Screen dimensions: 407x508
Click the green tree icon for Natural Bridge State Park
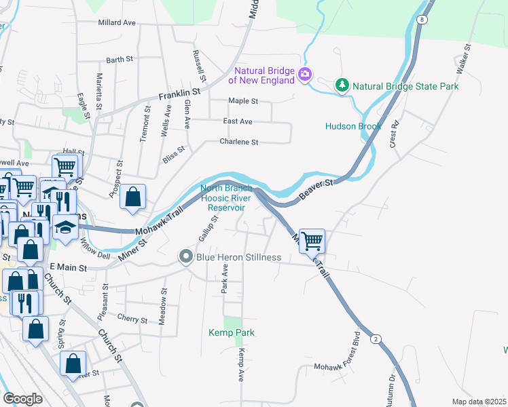pos(342,85)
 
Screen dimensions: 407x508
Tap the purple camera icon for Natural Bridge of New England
pos(306,74)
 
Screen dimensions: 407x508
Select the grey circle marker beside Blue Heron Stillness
pos(186,257)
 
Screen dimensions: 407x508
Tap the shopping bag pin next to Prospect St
pos(134,197)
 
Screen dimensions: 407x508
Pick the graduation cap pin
pos(65,227)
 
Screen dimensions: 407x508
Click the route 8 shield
pos(422,20)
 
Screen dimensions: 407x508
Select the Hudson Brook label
pos(353,126)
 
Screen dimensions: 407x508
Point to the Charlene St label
pos(238,142)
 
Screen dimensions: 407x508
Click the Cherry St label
pos(132,319)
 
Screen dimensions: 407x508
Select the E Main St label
pos(68,268)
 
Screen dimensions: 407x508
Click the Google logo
pos(22,399)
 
